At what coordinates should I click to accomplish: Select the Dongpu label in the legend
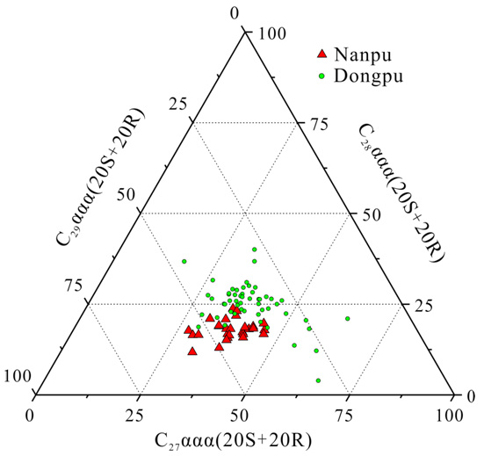tap(372, 76)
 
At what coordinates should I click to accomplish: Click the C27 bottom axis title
tap(233, 438)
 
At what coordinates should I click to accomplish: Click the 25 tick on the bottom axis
tap(137, 413)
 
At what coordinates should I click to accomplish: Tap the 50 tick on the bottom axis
tap(243, 413)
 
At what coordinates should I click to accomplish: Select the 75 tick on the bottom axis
tap(348, 413)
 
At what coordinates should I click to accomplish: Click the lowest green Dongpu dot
tap(318, 380)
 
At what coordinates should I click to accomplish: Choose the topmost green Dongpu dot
tap(254, 250)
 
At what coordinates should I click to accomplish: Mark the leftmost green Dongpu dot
tap(184, 261)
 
